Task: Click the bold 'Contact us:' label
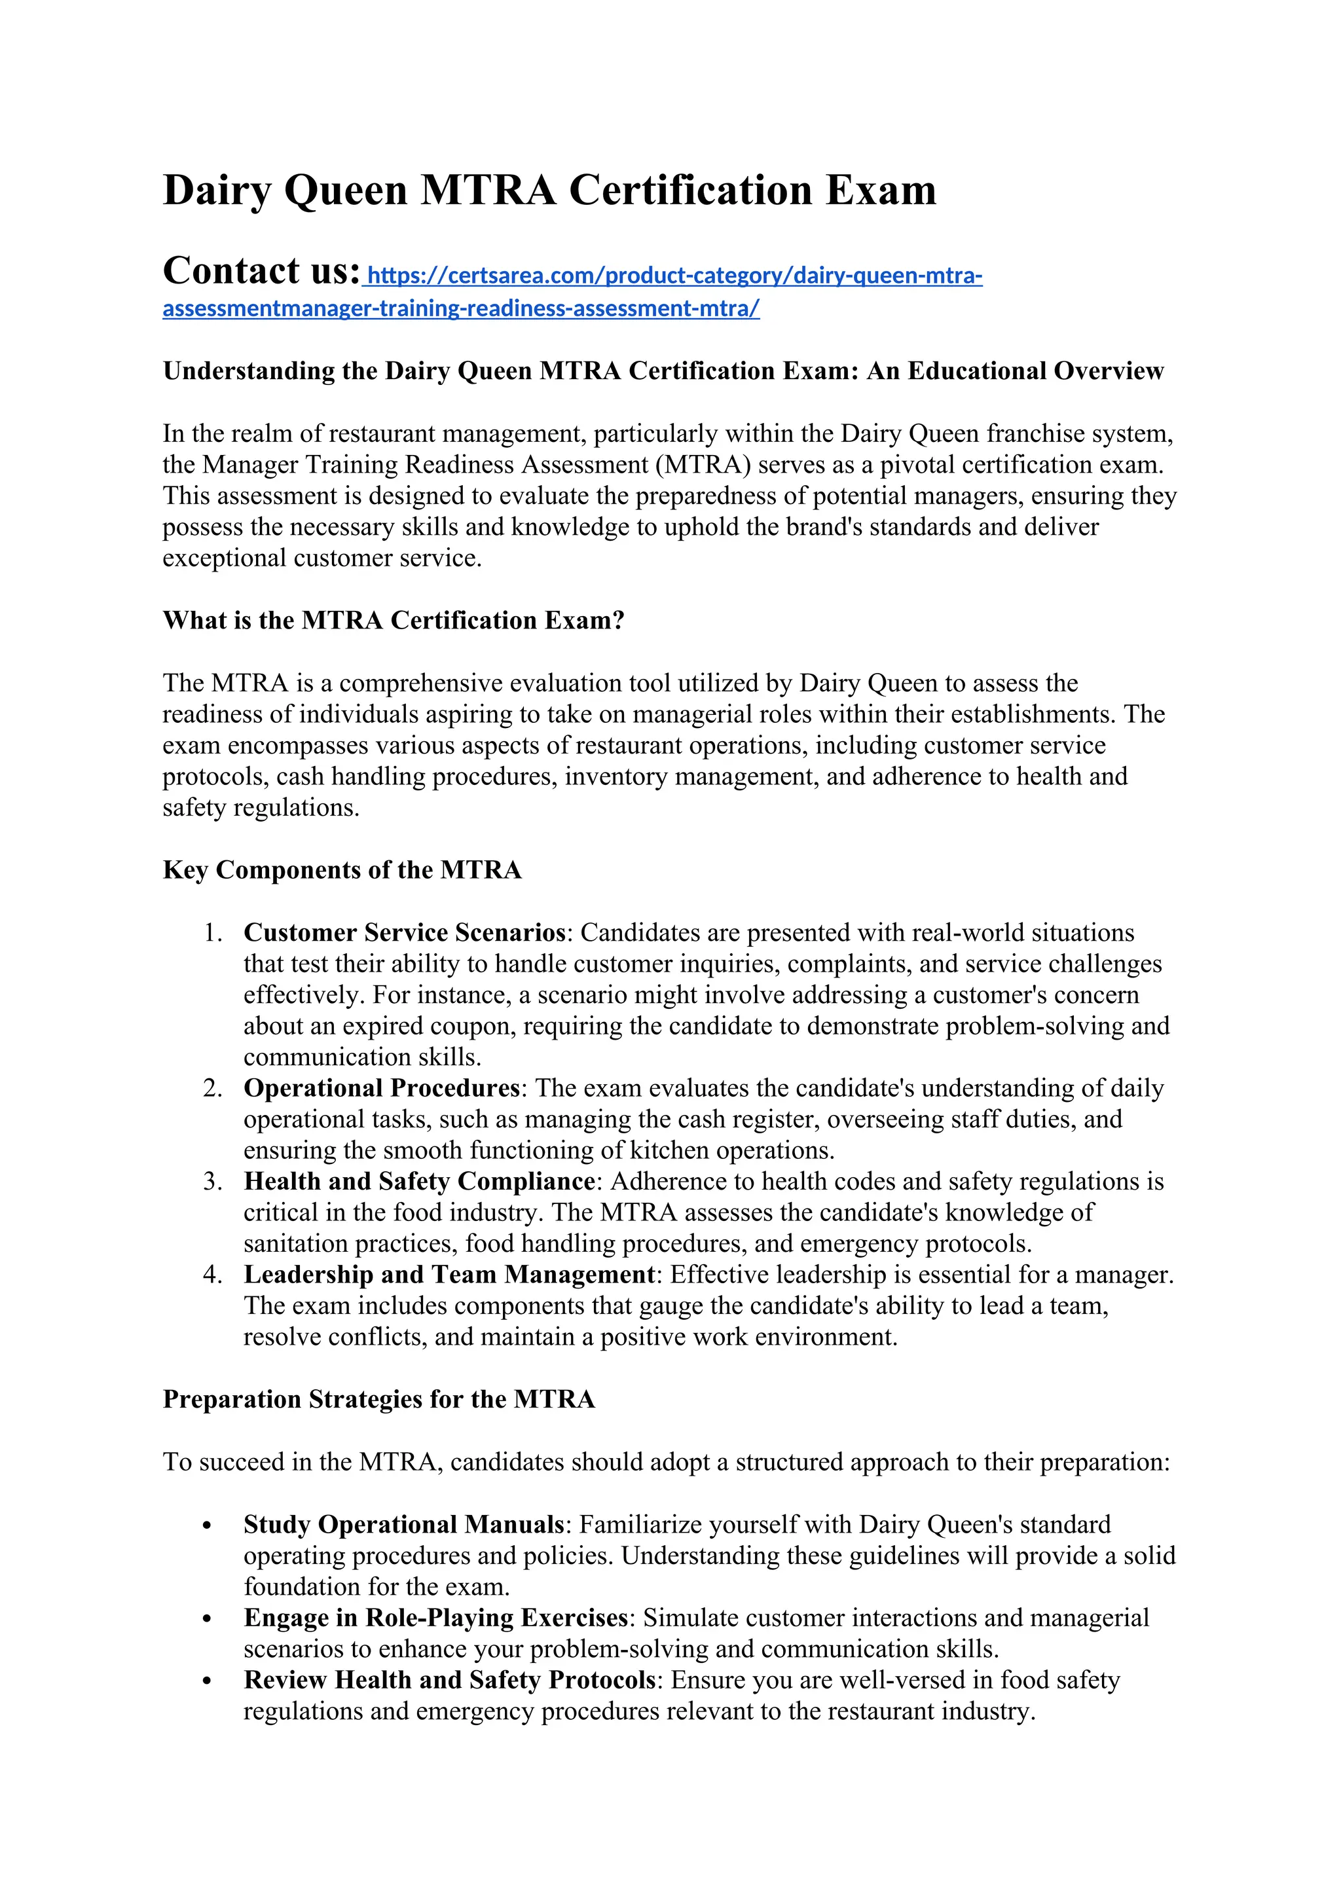(261, 271)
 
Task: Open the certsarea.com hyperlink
(673, 276)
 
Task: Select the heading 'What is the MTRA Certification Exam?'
(393, 620)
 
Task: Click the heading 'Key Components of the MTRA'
(342, 869)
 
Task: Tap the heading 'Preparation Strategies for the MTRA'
(378, 1399)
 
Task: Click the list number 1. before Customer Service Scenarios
(212, 933)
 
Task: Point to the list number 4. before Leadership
(212, 1275)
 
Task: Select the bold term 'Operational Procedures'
(382, 1088)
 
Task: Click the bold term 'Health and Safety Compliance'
(418, 1182)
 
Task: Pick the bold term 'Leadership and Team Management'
(449, 1275)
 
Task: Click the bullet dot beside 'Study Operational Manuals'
(208, 1526)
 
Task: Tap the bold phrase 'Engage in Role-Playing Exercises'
(435, 1618)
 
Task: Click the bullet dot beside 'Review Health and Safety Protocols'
(208, 1681)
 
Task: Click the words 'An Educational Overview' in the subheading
(1015, 371)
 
